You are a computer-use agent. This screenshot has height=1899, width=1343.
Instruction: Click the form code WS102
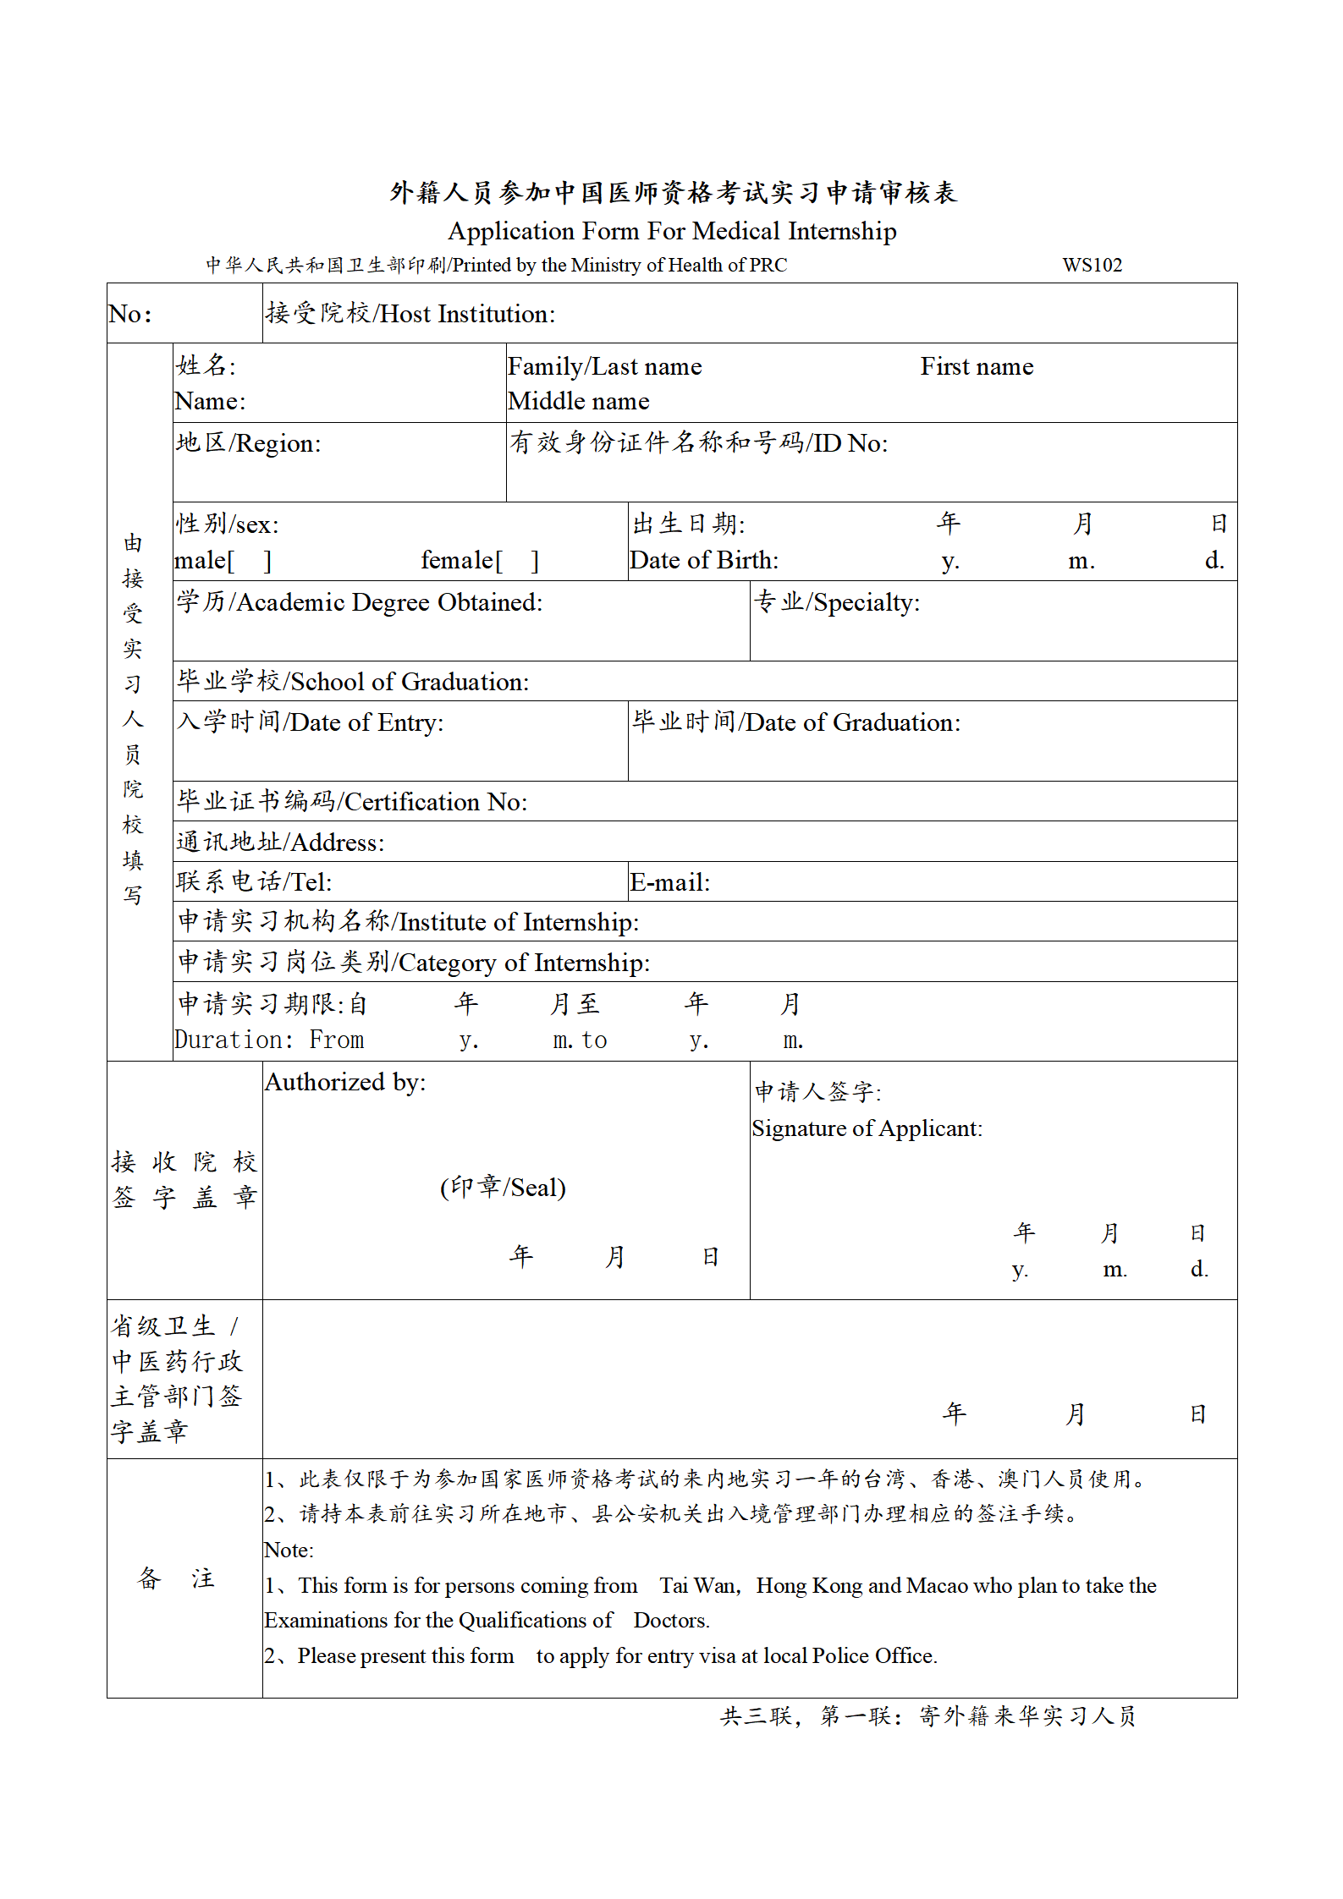click(x=1092, y=265)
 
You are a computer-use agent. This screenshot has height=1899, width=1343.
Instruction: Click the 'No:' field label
click(x=129, y=314)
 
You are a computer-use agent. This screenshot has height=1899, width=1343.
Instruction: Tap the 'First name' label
click(x=977, y=366)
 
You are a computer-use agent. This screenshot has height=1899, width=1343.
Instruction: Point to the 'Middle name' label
click(x=579, y=401)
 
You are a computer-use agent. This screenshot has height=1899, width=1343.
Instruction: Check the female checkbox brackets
click(x=516, y=560)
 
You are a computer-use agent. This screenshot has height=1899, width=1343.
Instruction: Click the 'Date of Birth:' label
click(x=704, y=560)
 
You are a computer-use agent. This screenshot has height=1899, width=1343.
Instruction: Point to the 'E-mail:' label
click(x=669, y=882)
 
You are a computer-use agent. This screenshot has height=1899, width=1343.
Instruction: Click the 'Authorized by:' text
click(x=345, y=1082)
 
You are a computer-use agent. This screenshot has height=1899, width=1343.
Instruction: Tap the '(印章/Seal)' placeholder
click(x=503, y=1187)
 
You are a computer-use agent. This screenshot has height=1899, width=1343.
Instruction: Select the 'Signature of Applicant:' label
click(x=867, y=1128)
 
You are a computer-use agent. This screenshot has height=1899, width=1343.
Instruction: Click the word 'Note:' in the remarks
click(x=289, y=1550)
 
